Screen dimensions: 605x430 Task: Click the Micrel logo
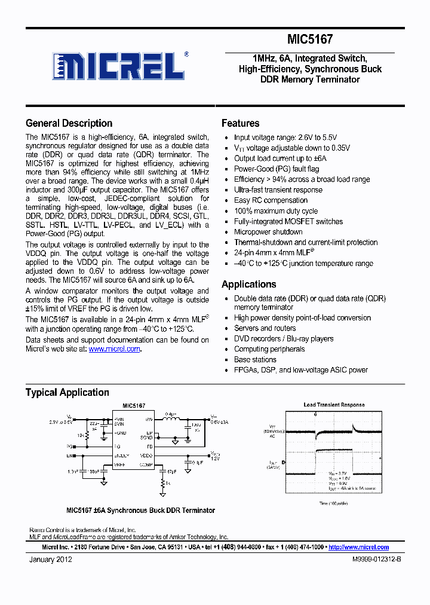[x=119, y=65]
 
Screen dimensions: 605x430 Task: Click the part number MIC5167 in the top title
[x=310, y=39]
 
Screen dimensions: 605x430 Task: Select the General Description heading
[x=69, y=123]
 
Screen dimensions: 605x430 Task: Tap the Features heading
[x=240, y=123]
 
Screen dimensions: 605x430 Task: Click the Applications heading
[x=248, y=284]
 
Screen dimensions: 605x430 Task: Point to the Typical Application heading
[x=67, y=392]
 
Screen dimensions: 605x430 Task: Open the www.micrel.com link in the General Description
[x=114, y=349]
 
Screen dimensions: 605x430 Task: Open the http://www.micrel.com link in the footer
[x=358, y=547]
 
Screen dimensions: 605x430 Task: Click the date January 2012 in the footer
[x=51, y=560]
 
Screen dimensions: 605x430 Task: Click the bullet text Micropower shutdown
[x=268, y=232]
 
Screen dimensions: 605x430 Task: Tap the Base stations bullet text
[x=255, y=359]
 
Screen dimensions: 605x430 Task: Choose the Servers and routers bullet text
[x=265, y=328]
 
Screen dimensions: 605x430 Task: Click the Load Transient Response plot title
[x=334, y=405]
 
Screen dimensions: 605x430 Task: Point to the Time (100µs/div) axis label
[x=333, y=503]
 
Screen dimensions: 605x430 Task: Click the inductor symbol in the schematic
[x=172, y=419]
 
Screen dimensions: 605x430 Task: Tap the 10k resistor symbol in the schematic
[x=87, y=436]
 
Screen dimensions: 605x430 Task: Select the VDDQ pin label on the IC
[x=146, y=456]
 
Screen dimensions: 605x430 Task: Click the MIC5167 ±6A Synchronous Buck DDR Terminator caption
[x=140, y=511]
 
